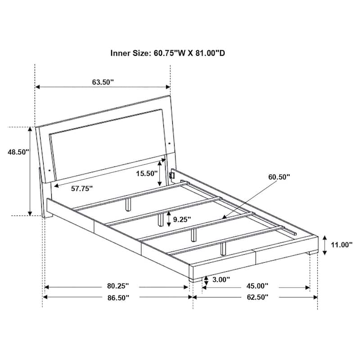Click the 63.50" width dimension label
point(103,82)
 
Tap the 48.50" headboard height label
point(18,152)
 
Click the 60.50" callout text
point(279,177)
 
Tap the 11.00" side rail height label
point(341,245)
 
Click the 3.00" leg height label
point(220,279)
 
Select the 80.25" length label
point(117,286)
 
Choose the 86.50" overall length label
point(117,297)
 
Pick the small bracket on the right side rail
point(171,174)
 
